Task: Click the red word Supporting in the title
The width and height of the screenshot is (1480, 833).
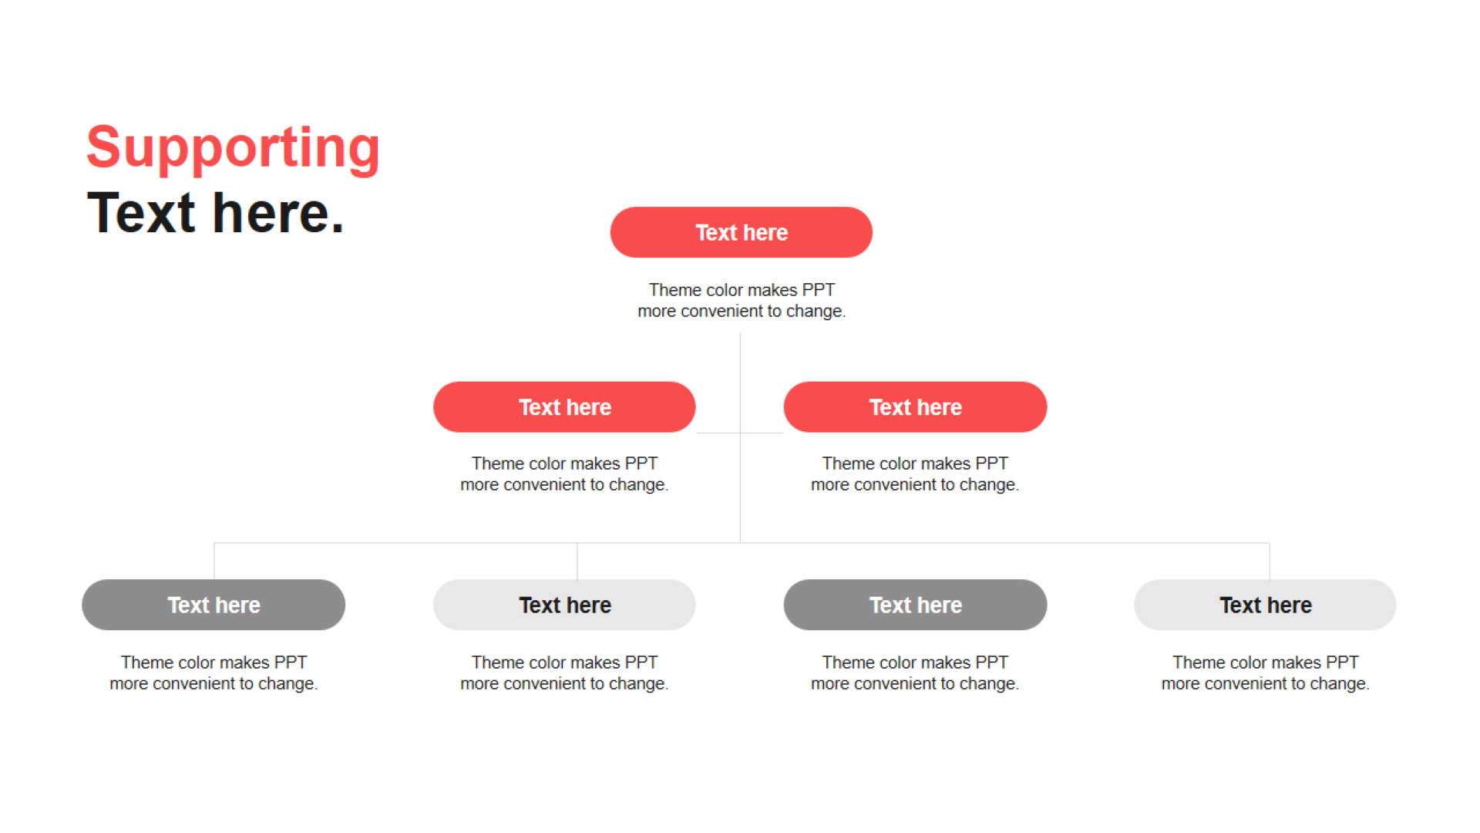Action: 233,148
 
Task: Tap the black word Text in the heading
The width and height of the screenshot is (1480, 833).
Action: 141,213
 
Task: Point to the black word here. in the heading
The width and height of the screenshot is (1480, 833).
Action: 278,213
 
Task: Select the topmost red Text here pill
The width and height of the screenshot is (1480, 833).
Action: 741,232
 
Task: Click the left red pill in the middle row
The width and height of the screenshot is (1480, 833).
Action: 564,407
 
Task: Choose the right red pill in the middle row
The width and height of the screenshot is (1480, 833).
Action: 915,407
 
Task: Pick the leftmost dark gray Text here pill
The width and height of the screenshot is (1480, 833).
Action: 214,605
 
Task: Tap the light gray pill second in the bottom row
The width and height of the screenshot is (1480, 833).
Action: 564,605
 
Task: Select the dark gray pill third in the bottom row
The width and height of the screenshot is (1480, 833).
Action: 915,605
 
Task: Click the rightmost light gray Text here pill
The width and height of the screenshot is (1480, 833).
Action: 1265,605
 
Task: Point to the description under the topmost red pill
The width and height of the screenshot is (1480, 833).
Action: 742,300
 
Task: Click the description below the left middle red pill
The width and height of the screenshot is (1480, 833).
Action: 564,474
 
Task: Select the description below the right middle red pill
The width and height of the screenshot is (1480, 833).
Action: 915,474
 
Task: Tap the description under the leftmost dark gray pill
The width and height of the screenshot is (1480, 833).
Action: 214,673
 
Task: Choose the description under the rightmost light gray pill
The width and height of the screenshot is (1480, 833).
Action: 1266,673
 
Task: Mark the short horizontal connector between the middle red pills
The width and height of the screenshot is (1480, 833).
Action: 740,433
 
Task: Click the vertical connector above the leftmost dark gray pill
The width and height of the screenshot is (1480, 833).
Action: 214,562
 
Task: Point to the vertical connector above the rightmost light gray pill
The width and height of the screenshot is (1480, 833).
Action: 1270,562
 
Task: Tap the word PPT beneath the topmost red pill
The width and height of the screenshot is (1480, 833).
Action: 818,290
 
